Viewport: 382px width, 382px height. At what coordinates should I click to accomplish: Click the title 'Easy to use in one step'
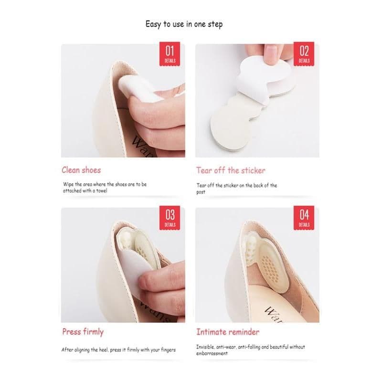click(x=184, y=24)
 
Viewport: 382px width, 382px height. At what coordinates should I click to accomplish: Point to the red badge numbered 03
click(x=170, y=218)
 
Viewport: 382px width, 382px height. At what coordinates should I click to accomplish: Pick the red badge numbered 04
click(x=304, y=218)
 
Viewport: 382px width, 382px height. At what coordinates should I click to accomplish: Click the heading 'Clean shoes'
click(x=81, y=170)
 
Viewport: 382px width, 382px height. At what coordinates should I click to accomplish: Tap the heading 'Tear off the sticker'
click(x=231, y=170)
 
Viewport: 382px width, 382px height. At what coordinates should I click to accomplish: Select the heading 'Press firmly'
click(x=83, y=332)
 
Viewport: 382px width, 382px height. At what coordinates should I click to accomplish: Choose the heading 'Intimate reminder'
click(x=228, y=332)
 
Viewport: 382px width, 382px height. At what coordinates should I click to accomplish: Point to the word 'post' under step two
click(x=201, y=192)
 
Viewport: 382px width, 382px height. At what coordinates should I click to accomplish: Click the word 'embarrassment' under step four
click(x=212, y=353)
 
